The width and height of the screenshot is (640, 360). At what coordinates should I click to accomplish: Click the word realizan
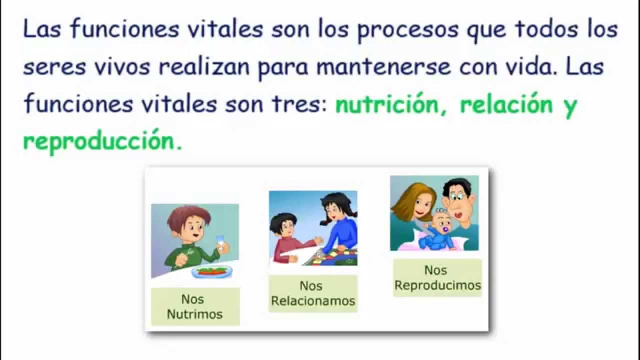(x=203, y=67)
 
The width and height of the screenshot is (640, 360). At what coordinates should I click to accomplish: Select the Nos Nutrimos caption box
(x=195, y=306)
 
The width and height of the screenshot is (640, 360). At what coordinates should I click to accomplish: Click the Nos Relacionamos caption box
(x=312, y=293)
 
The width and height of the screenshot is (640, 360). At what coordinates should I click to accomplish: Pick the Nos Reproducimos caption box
(x=437, y=277)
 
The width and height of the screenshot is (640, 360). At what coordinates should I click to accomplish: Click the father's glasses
(x=457, y=197)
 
